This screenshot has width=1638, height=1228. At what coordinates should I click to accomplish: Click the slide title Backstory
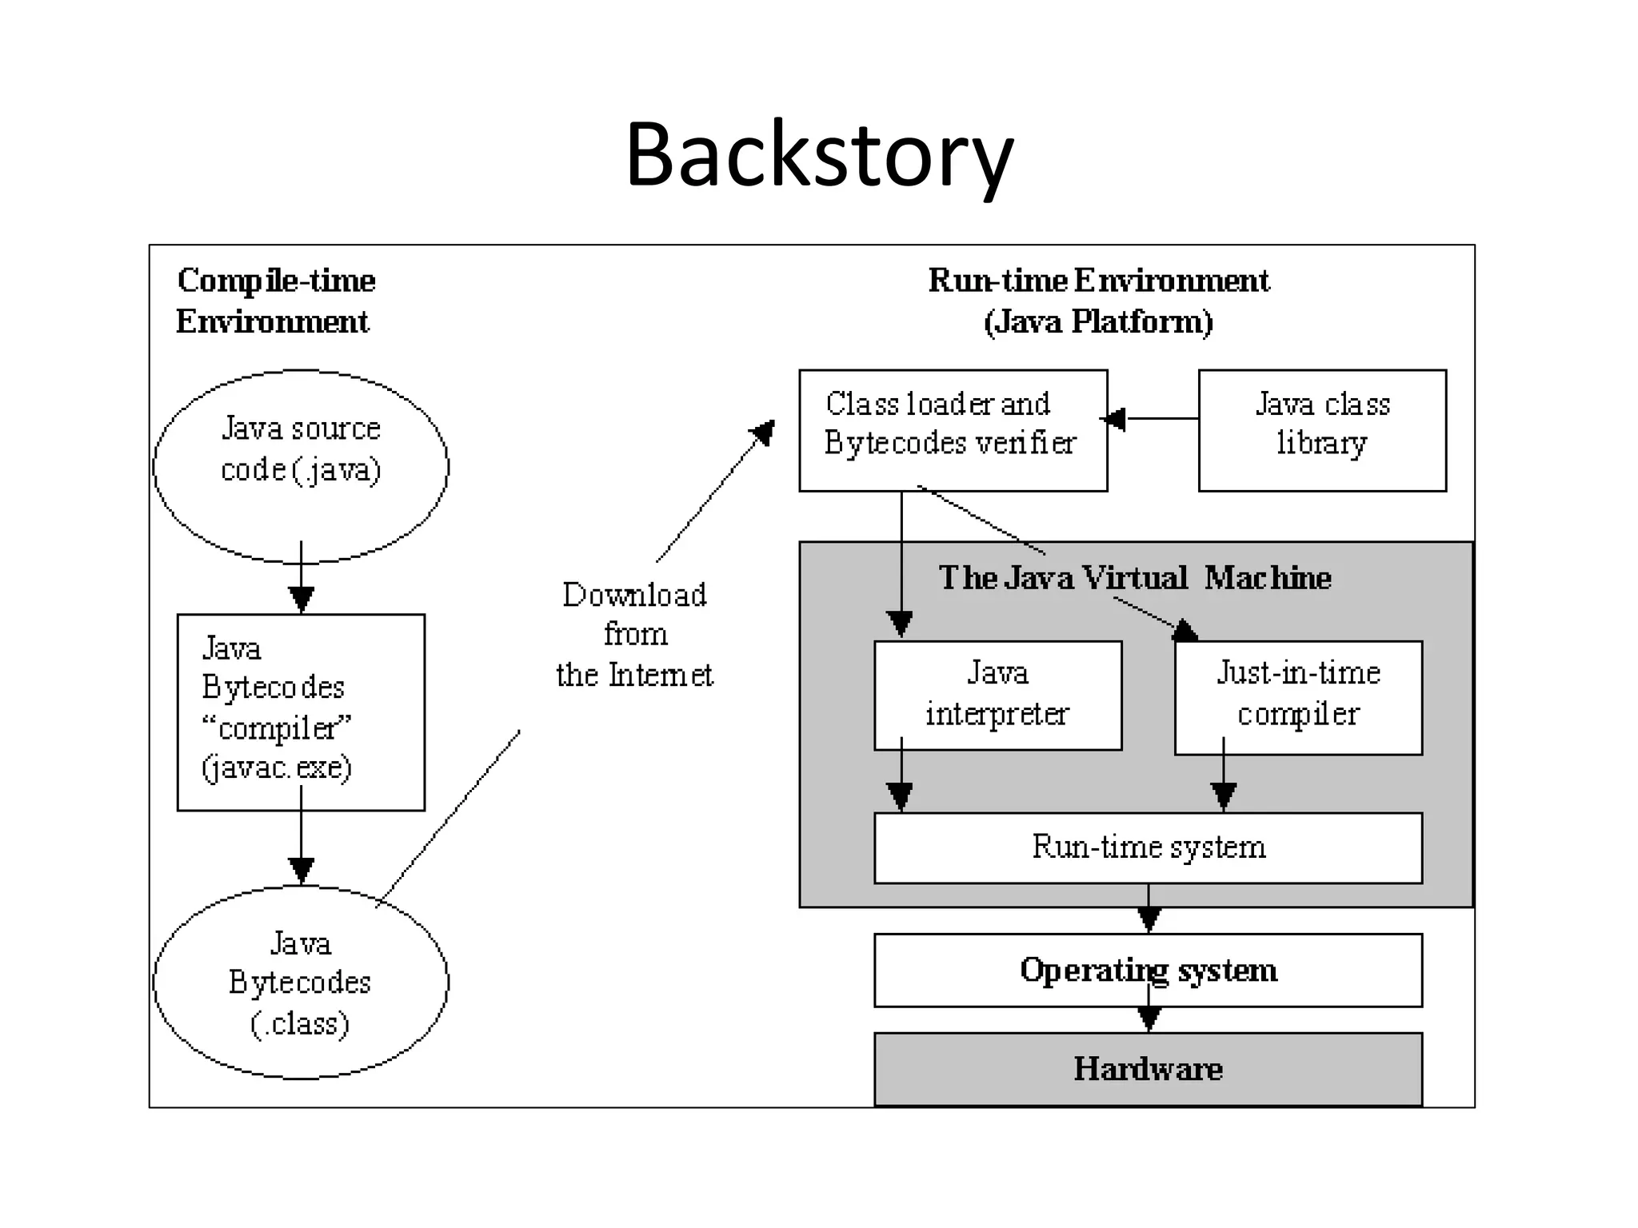pos(819,154)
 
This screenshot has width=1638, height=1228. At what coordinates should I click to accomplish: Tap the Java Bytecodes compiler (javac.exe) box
pos(301,712)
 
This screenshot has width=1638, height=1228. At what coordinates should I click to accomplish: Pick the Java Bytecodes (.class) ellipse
pos(301,983)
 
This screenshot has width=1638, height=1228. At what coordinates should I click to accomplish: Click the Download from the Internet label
pos(634,635)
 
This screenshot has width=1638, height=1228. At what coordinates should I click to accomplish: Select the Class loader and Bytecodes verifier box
pos(952,430)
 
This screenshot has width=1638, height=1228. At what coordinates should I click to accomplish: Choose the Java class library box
pos(1321,430)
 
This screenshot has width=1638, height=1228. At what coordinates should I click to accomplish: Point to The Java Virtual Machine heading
pos(1134,577)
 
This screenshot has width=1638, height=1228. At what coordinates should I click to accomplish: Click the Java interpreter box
pos(997,694)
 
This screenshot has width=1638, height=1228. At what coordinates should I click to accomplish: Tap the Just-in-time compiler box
pos(1297,696)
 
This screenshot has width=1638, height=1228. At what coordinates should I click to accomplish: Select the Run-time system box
pos(1148,847)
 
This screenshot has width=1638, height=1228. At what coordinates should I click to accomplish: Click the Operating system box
pos(1148,970)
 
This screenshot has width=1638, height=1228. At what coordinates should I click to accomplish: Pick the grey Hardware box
pos(1148,1069)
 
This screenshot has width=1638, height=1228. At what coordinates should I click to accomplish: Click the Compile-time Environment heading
pos(275,301)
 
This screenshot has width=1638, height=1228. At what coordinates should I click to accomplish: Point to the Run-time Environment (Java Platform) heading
pos(1098,301)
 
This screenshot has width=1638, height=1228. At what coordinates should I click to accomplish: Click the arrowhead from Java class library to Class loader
pos(1115,419)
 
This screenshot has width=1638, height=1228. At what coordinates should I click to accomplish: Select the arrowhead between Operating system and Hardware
pos(1149,1019)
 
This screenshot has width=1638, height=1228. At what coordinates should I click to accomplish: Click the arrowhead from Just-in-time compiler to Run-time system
pos(1224,796)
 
